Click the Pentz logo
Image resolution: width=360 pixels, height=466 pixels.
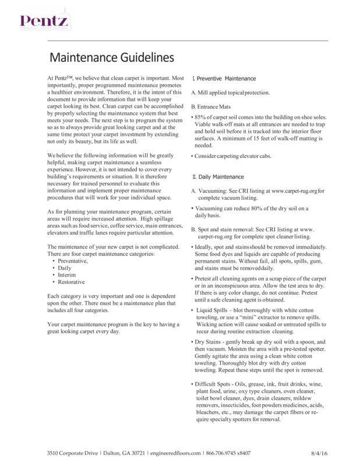(x=41, y=23)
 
